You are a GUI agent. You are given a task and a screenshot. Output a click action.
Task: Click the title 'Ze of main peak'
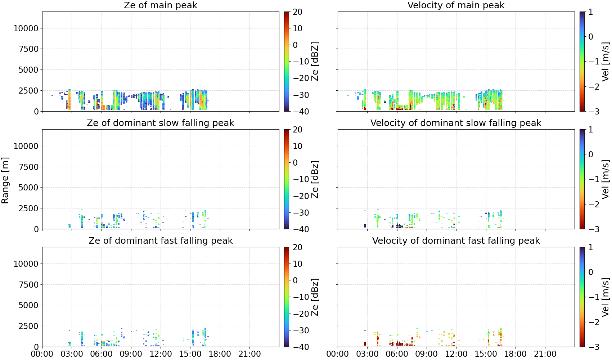pos(160,5)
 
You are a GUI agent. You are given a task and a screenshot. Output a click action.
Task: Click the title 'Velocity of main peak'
pos(456,5)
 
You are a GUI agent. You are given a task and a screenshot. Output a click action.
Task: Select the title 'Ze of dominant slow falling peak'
pos(160,123)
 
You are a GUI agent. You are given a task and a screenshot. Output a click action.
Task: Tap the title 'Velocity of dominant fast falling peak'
pos(456,240)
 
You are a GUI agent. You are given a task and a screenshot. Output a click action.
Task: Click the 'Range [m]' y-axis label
pos(5,180)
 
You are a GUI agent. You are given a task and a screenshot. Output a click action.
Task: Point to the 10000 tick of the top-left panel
pos(26,28)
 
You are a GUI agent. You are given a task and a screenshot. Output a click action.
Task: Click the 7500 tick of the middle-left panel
pos(29,167)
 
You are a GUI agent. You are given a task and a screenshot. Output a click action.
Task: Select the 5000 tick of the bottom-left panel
pos(29,305)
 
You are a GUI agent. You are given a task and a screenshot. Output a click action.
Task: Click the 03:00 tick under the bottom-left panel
pos(72,354)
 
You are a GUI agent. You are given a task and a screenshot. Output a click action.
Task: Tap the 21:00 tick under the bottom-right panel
pos(545,354)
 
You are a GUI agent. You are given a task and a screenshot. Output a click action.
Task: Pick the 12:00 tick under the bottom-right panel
pos(456,354)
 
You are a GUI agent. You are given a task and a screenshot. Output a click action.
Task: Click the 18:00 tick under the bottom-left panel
pos(220,354)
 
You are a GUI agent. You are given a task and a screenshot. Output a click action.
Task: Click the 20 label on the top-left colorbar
pos(297,12)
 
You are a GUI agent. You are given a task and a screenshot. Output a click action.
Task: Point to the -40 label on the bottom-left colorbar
pos(300,347)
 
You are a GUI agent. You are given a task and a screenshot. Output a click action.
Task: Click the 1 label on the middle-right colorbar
pos(590,130)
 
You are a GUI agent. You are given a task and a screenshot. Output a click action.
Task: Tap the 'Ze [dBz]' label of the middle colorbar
pos(315,179)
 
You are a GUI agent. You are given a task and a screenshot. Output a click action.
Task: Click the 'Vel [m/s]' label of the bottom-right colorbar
pos(606,297)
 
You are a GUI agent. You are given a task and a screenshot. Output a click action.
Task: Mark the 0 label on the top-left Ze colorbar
pos(295,45)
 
